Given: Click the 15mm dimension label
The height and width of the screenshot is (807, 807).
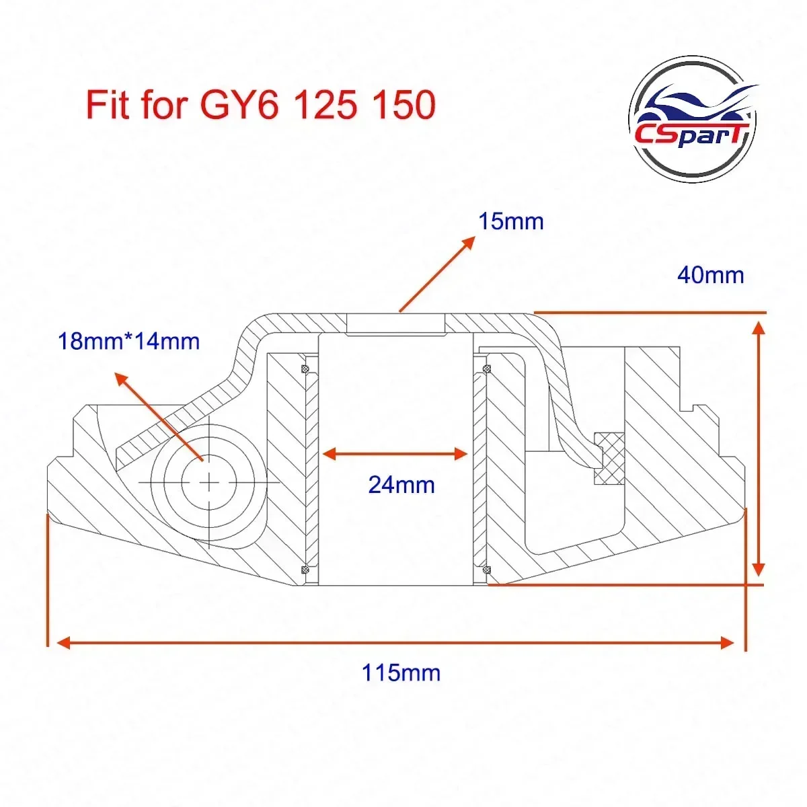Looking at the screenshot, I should pos(510,221).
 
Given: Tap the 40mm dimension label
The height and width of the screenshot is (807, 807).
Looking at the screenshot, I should pos(710,275).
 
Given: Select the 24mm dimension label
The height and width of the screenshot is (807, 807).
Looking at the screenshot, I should pos(401,484).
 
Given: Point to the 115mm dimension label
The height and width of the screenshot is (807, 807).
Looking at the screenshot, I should pos(401,672).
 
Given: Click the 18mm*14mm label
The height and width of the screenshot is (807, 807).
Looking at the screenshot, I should pos(129,341).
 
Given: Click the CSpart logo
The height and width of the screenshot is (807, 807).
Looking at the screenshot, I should pos(693,120).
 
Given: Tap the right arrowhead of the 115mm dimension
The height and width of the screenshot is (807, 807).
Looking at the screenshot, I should pos(728,643).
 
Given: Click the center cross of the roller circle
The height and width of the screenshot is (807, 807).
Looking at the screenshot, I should pos(210,483).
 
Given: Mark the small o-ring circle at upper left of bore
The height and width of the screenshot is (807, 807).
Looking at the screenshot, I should pos(304,368).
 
